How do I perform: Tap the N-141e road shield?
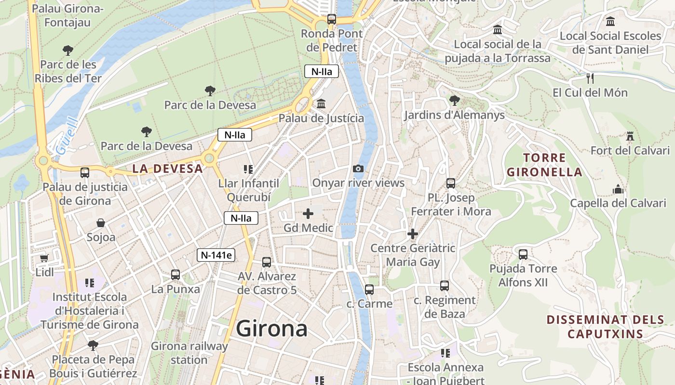point(216,255)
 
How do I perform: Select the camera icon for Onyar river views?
point(358,168)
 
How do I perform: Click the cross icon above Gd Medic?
point(308,214)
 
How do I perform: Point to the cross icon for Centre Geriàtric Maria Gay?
point(413,234)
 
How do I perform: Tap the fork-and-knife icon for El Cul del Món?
point(590,78)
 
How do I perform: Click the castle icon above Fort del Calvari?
point(630,136)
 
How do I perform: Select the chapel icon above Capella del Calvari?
point(618,189)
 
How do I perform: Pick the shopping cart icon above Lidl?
point(44,258)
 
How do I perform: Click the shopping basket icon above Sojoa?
point(101,223)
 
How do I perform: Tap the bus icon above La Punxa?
point(175,275)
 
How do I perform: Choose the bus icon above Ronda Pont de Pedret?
point(332,19)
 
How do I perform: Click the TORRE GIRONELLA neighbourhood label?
point(544,165)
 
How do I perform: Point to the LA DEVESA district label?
point(167,168)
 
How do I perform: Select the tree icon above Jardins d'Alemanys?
point(454,101)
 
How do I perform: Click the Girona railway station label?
point(189,353)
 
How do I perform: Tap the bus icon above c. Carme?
point(369,290)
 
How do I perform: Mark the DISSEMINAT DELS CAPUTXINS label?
point(606,326)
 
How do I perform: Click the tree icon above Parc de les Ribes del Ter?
point(68,50)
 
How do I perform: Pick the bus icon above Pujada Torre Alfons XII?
point(523,255)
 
